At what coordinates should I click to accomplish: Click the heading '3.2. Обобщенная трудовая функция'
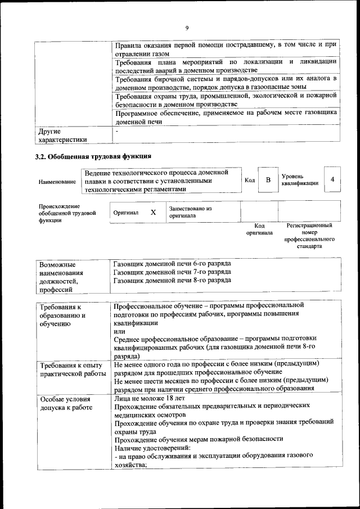94,156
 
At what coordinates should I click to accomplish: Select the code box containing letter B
268,180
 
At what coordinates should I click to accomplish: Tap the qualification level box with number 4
333,179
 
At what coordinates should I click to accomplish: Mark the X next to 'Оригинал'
153,213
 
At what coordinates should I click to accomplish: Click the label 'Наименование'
57,182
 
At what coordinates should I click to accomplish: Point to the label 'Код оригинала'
259,229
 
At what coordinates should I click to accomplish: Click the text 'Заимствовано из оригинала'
190,212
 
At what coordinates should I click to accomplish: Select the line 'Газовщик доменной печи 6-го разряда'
172,263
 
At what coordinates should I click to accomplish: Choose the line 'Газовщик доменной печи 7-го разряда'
172,272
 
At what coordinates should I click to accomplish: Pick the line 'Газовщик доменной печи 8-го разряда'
172,280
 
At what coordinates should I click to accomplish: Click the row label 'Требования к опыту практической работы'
71,369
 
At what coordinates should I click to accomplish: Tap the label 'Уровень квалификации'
299,180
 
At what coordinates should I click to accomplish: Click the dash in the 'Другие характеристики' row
116,131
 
